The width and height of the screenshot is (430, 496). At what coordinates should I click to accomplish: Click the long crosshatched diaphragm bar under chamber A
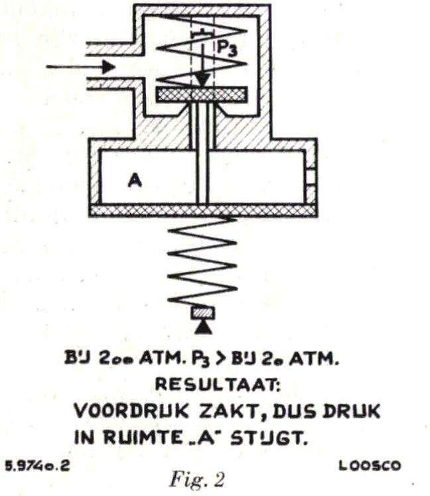[202, 211]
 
